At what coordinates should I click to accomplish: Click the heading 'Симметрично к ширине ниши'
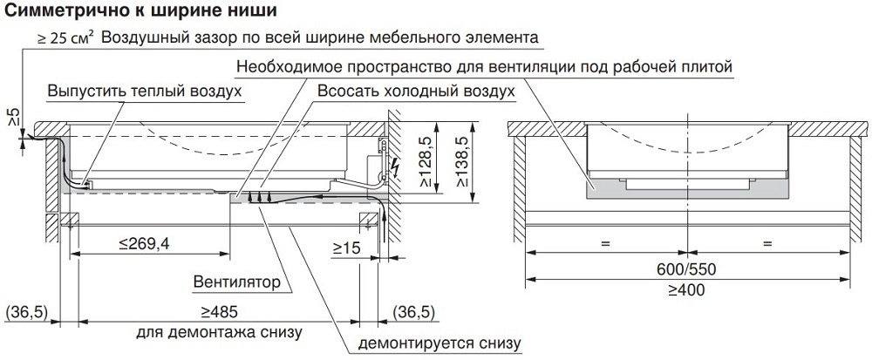point(140,11)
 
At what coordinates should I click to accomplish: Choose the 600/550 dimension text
point(689,268)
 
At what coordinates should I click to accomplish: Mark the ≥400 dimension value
point(689,290)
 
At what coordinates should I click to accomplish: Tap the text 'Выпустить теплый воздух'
point(145,92)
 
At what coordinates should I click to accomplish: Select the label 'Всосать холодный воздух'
point(416,92)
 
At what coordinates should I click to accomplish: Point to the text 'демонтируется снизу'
point(439,343)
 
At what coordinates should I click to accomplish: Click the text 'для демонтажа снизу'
point(219,332)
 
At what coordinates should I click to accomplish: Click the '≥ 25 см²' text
point(65,39)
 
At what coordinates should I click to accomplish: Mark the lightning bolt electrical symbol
point(396,165)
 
